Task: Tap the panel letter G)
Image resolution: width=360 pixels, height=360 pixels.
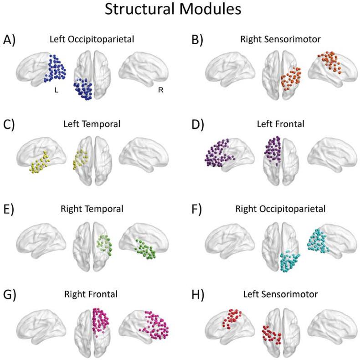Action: point(10,294)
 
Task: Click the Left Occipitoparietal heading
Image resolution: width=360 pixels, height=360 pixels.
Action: point(93,40)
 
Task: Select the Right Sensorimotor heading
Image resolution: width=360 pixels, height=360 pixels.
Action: point(282,40)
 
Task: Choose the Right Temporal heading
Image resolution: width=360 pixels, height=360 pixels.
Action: point(93,210)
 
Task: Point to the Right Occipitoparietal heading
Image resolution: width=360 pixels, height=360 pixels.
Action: point(282,210)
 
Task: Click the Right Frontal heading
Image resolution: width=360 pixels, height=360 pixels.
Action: point(93,294)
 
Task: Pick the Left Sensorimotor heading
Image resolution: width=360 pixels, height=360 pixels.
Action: point(282,294)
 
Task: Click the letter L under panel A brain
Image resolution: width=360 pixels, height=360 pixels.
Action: point(56,90)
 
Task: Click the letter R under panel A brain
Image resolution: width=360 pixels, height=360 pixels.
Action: point(160,90)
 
